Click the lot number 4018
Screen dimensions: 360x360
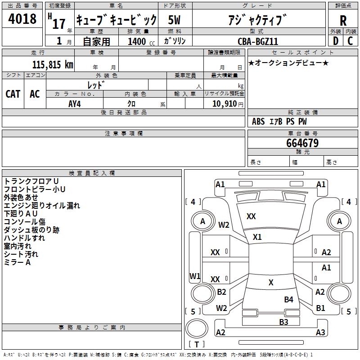tap(22, 19)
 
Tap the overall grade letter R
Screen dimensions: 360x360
tap(343, 20)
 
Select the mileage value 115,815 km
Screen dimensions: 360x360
tap(53, 64)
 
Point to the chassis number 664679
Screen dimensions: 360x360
tap(302, 143)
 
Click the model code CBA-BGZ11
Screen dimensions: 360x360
tap(258, 41)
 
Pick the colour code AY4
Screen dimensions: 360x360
tap(75, 103)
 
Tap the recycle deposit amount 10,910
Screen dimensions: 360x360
tap(224, 103)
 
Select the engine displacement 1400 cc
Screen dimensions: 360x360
tap(137, 41)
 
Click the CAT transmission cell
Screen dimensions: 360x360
tap(13, 94)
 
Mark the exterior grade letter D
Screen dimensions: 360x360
tap(335, 40)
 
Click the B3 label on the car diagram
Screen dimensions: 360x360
tap(283, 322)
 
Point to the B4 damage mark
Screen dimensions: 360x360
tap(288, 299)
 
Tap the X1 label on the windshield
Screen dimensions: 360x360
tap(257, 237)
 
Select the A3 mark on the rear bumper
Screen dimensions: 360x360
tap(320, 333)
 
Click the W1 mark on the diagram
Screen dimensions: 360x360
tap(195, 275)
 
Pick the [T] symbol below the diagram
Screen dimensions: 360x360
tap(197, 345)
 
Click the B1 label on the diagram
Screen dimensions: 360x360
tap(320, 308)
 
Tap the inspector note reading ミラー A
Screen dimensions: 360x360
tap(17, 262)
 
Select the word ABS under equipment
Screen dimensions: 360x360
tap(258, 121)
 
